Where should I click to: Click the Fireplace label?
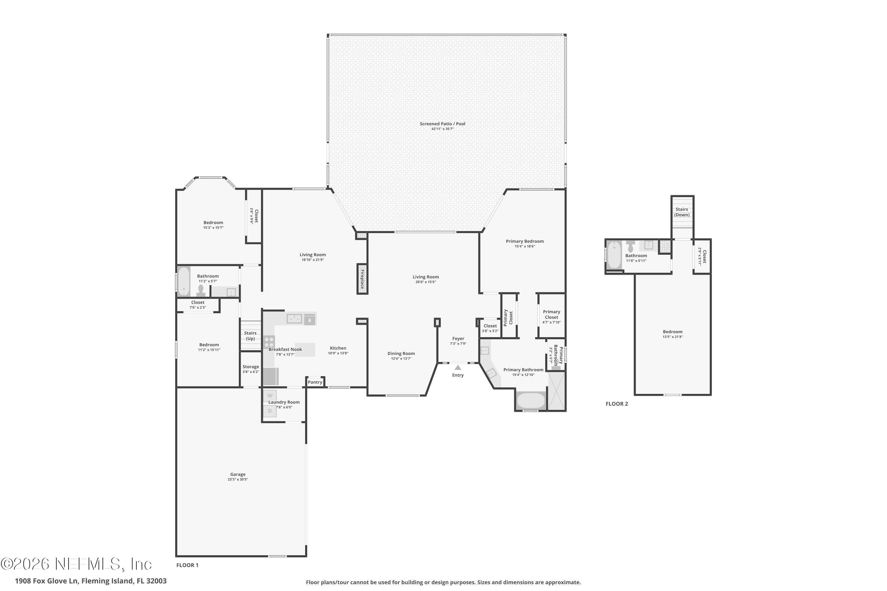tap(362, 279)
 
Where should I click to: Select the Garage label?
tap(238, 475)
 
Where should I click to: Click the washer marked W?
tap(270, 396)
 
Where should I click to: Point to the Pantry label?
tap(315, 382)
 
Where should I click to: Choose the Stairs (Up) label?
tap(250, 336)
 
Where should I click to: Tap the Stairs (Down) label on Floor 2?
tap(682, 212)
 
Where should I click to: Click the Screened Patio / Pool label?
tap(442, 124)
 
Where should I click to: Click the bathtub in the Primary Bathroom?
tap(531, 401)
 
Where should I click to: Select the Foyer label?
tap(458, 338)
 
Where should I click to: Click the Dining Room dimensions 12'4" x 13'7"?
tap(401, 358)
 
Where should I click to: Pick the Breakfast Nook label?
tap(285, 349)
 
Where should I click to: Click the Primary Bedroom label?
tap(525, 241)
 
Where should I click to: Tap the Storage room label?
tap(251, 367)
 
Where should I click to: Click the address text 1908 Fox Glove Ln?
tap(47, 581)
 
